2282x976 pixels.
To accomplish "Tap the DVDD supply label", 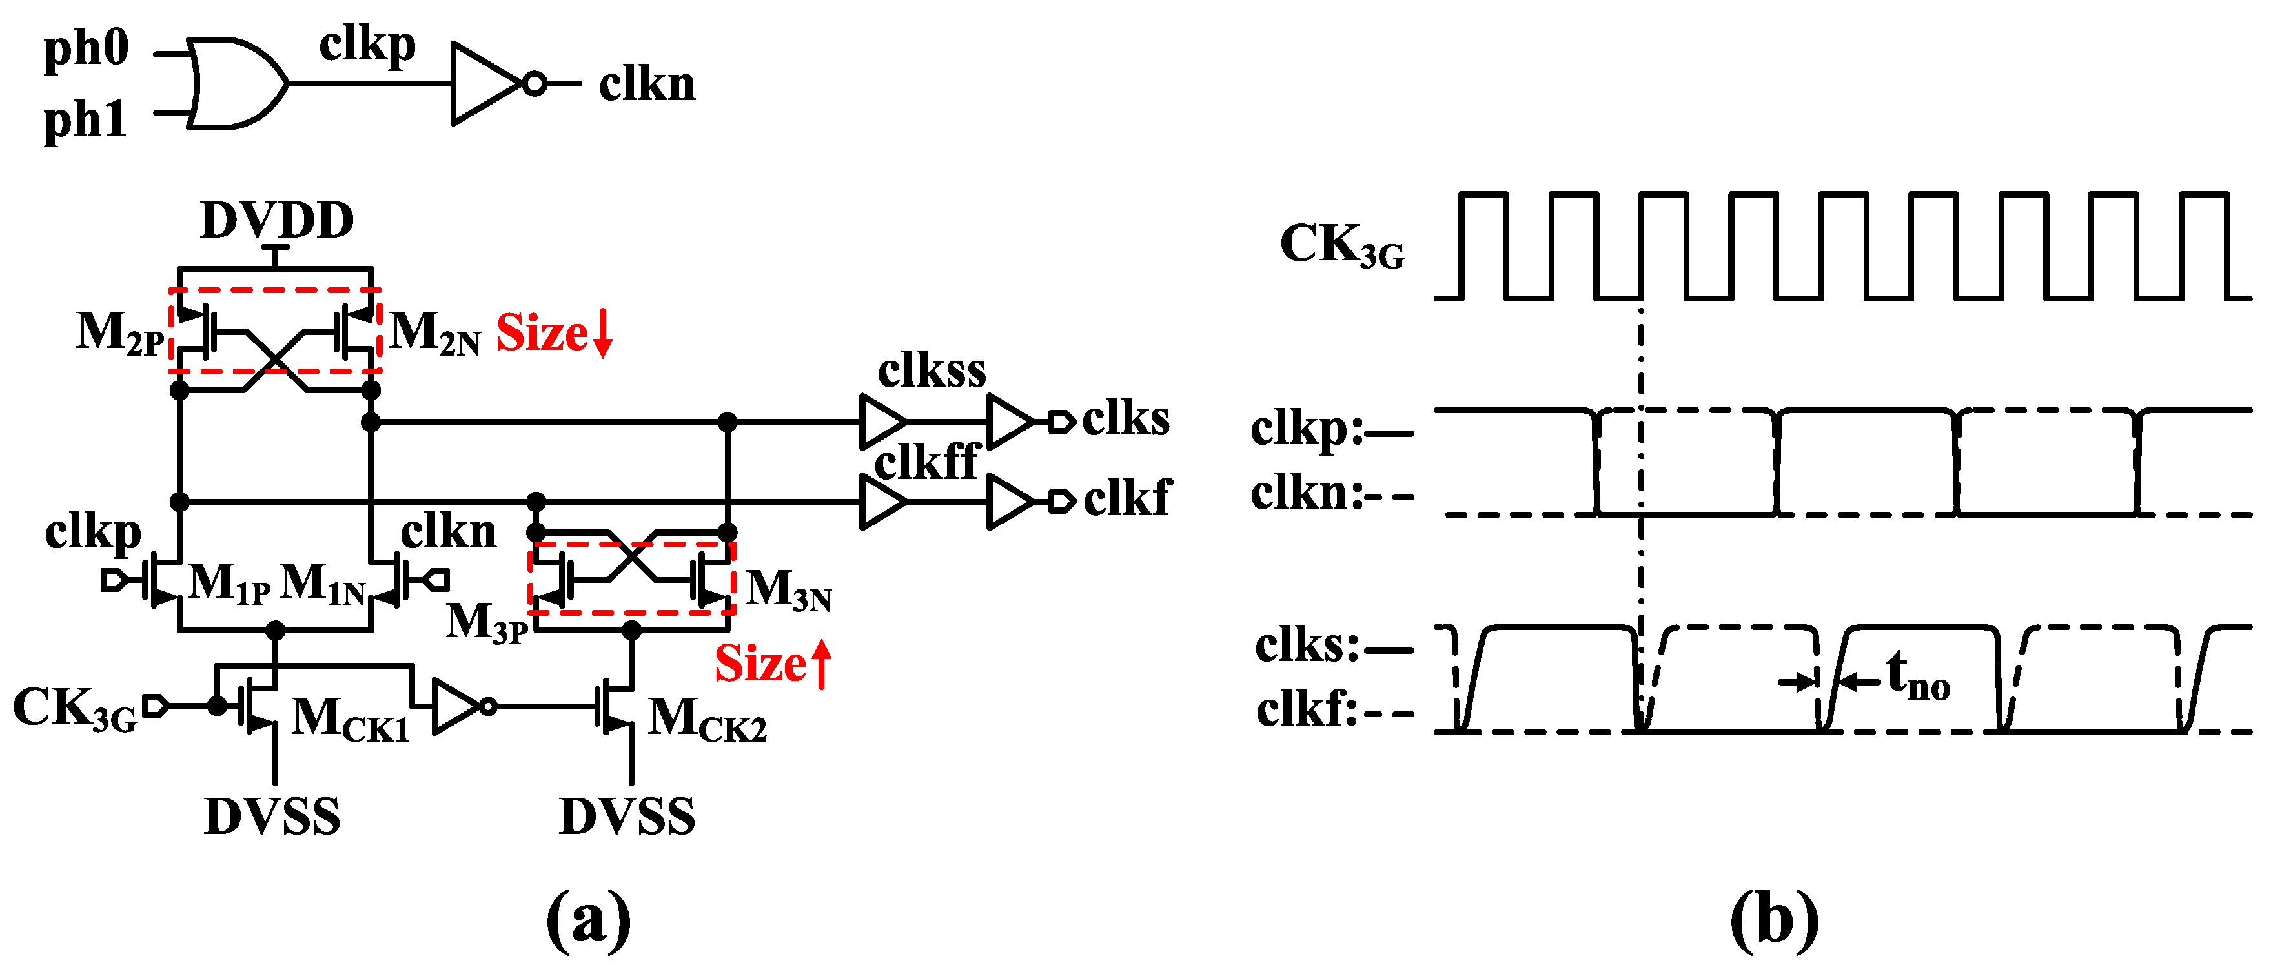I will tap(278, 221).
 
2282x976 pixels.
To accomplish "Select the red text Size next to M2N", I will tap(542, 334).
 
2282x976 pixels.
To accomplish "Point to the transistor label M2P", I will tap(119, 333).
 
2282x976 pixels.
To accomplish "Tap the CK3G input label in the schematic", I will tap(76, 709).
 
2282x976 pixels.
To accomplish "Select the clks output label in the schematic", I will tap(1125, 418).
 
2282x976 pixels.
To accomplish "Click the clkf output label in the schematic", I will tap(1127, 498).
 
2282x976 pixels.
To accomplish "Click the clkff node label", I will tap(926, 462).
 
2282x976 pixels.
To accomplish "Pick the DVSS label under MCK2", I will tap(627, 817).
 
